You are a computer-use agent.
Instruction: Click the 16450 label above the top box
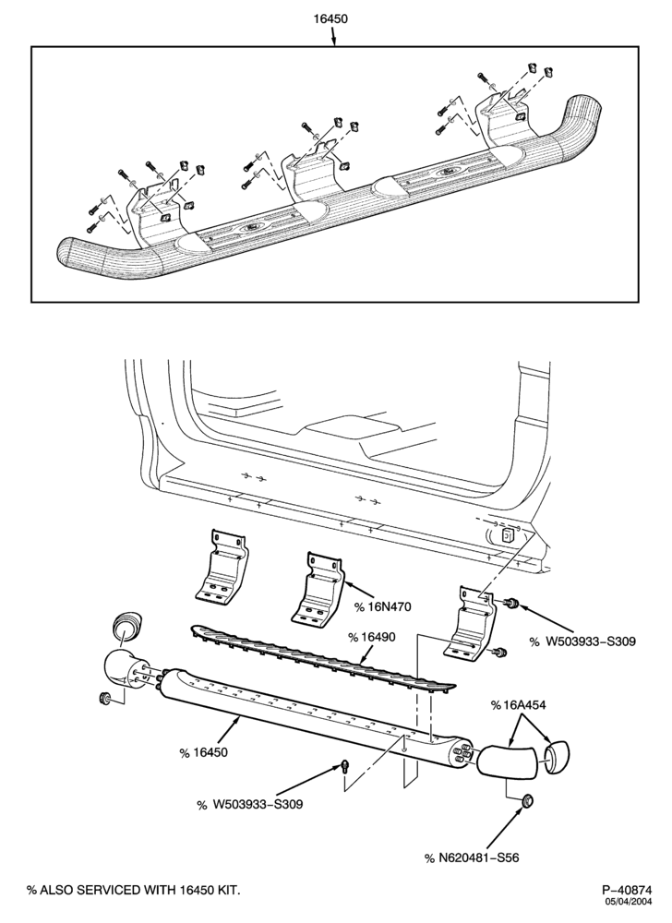coord(330,18)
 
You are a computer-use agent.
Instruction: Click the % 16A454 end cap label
coord(518,705)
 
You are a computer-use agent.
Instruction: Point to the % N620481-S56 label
coord(472,857)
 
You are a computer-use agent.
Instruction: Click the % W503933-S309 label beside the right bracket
coord(582,641)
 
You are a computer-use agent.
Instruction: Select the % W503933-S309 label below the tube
coord(249,804)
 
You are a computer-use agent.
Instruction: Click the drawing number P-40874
coord(627,889)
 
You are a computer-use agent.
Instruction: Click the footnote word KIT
coord(229,890)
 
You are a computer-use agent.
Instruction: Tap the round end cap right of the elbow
coord(557,756)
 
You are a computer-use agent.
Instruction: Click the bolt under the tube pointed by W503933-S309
coord(345,766)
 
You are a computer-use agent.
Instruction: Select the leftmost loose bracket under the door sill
coord(221,567)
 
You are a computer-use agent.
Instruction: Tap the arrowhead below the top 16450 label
coord(333,42)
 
